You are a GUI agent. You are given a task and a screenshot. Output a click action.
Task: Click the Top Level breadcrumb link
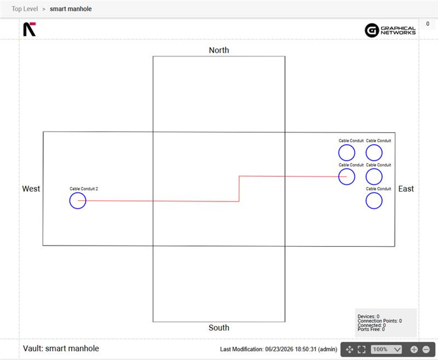point(25,9)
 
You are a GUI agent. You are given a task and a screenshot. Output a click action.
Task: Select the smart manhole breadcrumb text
point(71,9)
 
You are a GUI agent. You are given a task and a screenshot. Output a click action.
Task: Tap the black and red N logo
point(29,29)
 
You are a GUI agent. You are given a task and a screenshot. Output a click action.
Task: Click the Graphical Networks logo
point(390,30)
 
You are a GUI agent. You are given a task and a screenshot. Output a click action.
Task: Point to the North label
point(219,50)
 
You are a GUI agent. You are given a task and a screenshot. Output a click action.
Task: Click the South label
point(219,328)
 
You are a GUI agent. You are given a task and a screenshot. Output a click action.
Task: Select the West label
point(31,189)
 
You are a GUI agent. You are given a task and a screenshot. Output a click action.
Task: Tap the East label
point(406,189)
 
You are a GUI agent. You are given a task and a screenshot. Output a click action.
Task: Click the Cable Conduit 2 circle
point(70,201)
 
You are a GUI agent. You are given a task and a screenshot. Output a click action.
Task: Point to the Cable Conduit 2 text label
point(84,189)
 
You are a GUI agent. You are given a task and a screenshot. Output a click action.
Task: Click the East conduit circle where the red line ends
point(338,177)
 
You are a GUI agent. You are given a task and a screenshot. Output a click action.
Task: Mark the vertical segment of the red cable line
point(239,189)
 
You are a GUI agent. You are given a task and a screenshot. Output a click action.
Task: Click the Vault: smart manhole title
point(61,349)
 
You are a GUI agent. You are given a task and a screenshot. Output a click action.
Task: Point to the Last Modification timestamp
point(278,349)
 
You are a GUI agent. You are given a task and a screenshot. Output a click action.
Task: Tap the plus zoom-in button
point(414,349)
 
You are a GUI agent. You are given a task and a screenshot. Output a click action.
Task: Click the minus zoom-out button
point(426,349)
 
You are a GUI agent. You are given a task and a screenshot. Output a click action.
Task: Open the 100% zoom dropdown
point(387,349)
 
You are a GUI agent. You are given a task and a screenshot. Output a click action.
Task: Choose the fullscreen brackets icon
point(361,349)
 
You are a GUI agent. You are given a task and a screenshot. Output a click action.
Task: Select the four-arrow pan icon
point(350,349)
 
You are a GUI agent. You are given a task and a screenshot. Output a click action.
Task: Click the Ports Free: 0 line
point(371,330)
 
